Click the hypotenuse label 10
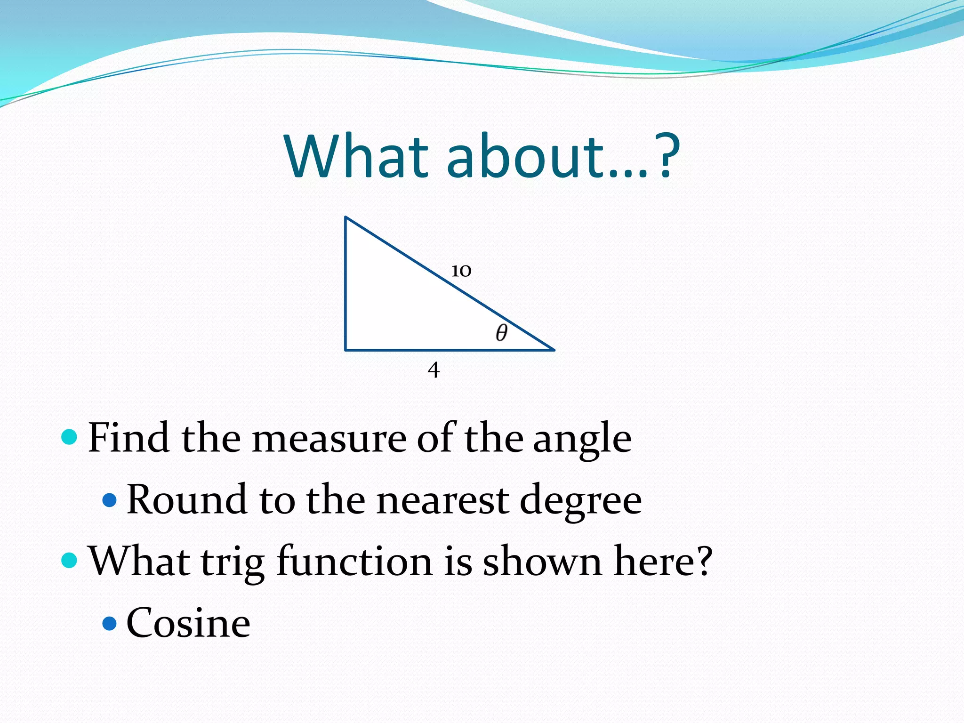pyautogui.click(x=461, y=271)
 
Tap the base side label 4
pyautogui.click(x=434, y=370)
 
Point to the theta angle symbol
pyautogui.click(x=502, y=332)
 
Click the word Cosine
pyautogui.click(x=188, y=623)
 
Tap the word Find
pyautogui.click(x=129, y=438)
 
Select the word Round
pyautogui.click(x=186, y=500)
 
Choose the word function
pyautogui.click(x=354, y=561)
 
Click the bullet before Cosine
pyautogui.click(x=109, y=623)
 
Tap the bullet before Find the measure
pyautogui.click(x=69, y=437)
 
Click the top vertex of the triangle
pyautogui.click(x=346, y=217)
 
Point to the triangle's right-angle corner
pyautogui.click(x=346, y=350)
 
